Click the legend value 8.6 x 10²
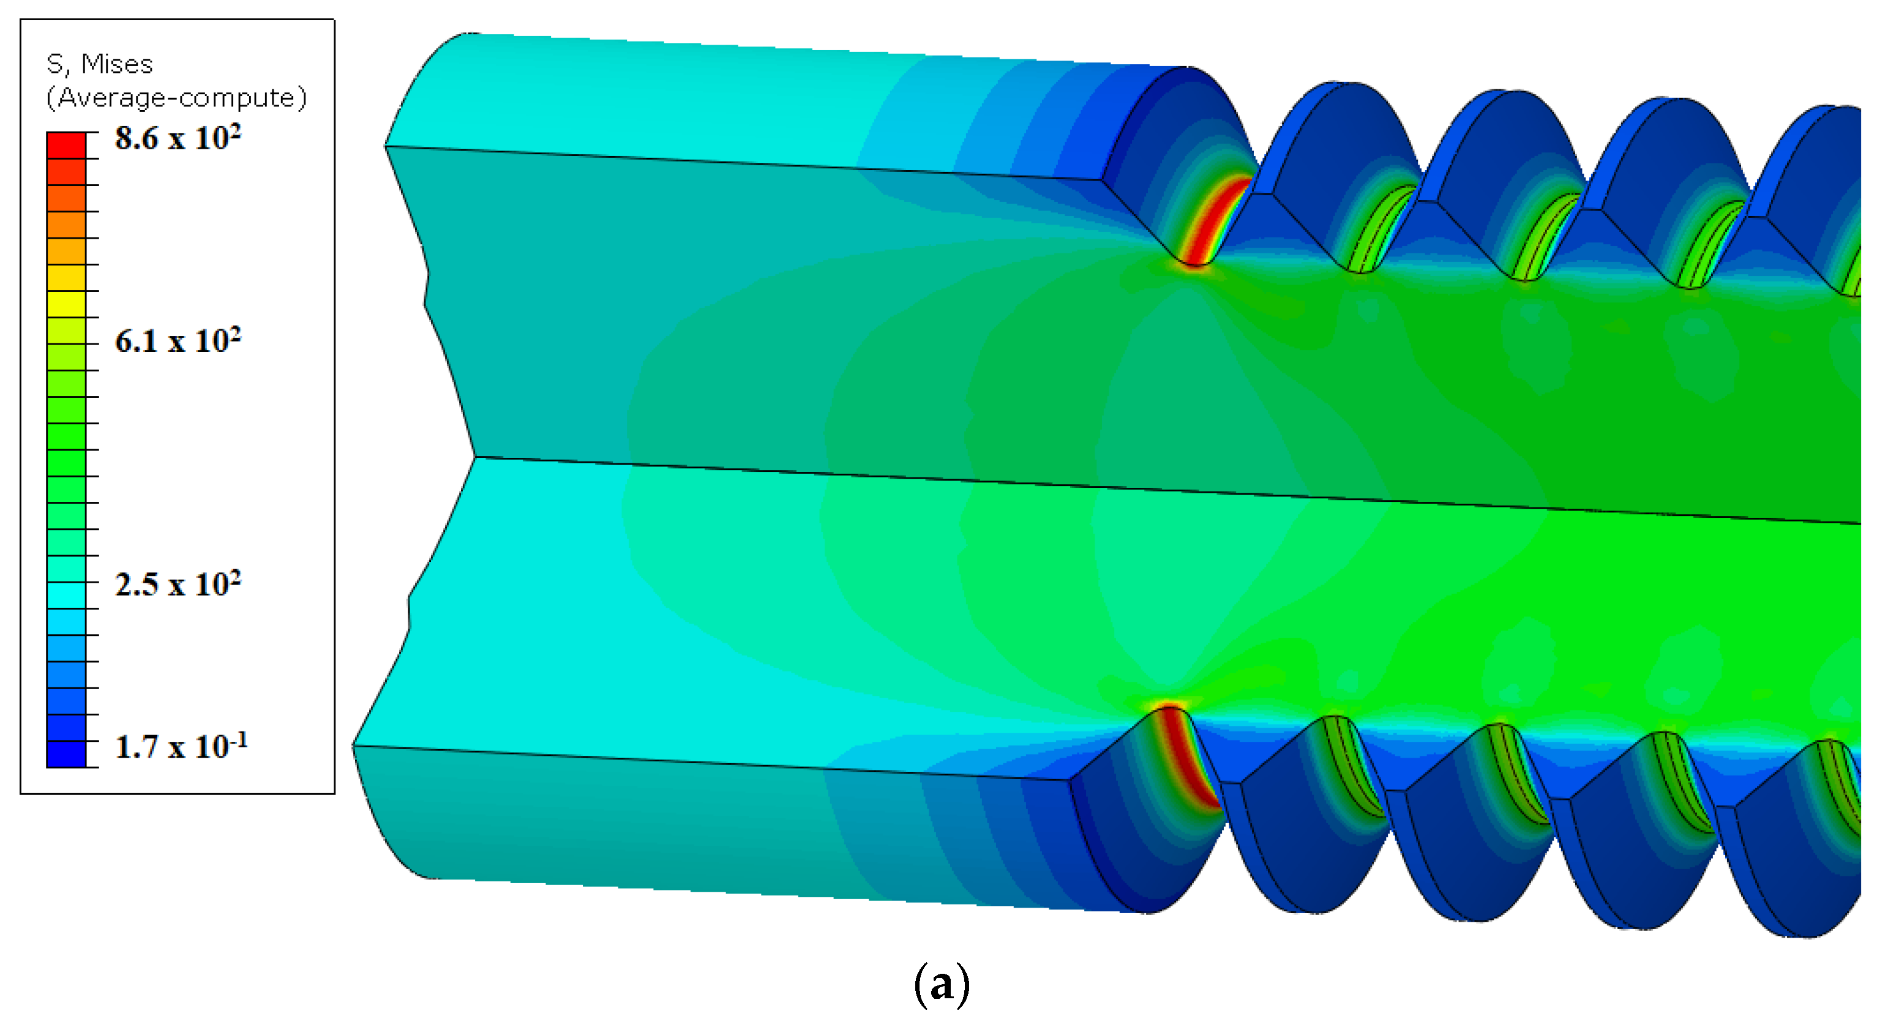(178, 137)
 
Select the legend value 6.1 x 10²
(178, 340)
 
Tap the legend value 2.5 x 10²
(178, 583)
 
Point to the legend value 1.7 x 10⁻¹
(181, 746)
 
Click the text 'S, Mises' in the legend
(99, 64)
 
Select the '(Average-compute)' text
(176, 97)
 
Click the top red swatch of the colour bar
(66, 145)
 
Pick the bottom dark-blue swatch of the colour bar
(66, 754)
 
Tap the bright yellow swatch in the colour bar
(66, 304)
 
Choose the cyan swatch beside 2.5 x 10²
(66, 595)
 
